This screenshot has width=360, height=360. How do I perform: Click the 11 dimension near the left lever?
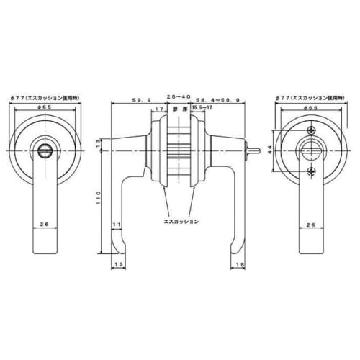click(x=116, y=225)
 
